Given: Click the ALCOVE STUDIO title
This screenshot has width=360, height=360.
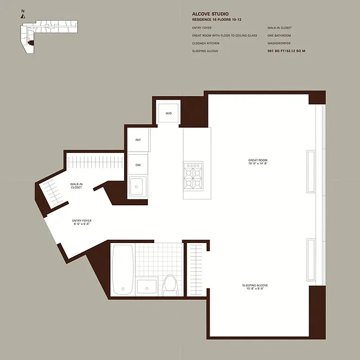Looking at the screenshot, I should pos(210,14).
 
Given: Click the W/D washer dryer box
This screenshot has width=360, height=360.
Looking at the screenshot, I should pos(168,113).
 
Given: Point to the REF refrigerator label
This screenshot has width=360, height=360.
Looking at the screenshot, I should pos(138,140).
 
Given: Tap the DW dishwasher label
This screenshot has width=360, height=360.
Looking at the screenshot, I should pos(138,165).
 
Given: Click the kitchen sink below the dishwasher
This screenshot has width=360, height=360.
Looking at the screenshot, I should pos(138,186).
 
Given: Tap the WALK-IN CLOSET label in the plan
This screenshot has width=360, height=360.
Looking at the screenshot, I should pos(76,185).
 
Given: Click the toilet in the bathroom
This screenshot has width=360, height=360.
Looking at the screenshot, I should pos(170,283).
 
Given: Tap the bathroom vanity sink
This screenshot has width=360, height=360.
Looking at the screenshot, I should pos(147,286).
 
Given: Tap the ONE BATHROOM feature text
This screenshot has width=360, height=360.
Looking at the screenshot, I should pos(279,36).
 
